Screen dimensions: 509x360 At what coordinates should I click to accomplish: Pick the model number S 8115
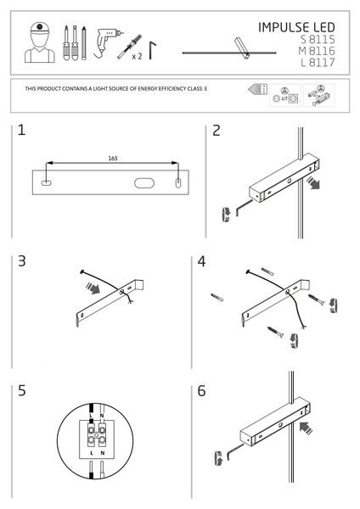(324, 39)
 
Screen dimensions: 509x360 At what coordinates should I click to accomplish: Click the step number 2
(217, 131)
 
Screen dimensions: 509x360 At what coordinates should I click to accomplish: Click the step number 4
(202, 260)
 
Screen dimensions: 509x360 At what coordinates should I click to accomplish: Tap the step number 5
(21, 391)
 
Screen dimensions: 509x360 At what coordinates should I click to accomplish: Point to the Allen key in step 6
(228, 457)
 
